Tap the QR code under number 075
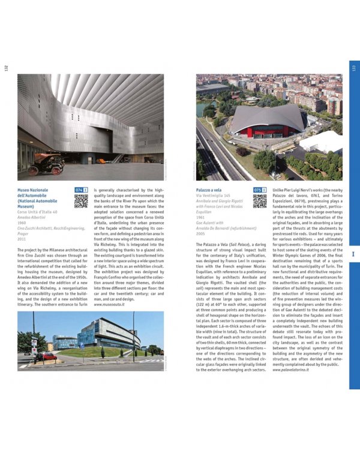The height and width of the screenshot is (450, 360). (260, 201)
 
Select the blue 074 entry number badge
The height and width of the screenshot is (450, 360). (79, 190)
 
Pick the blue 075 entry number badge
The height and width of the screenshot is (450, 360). (257, 190)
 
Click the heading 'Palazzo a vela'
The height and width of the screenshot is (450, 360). (209, 190)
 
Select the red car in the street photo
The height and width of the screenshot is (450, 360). (46, 356)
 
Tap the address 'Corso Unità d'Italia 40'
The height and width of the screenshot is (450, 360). (37, 212)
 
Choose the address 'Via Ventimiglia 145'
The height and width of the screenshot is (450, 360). (213, 196)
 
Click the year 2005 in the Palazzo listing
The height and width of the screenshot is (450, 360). (202, 233)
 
